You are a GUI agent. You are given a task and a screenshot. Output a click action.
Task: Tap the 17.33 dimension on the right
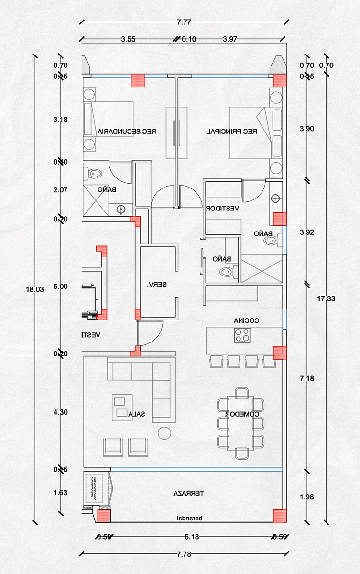(x=326, y=299)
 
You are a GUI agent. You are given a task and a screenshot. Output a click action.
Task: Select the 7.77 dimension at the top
(x=184, y=22)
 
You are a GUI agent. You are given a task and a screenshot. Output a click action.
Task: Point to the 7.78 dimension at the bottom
(x=184, y=554)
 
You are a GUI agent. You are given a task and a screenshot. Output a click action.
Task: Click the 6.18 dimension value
(x=192, y=537)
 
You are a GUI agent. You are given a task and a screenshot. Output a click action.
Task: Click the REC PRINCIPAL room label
(x=232, y=131)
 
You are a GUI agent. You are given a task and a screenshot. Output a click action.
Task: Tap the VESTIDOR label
(x=222, y=209)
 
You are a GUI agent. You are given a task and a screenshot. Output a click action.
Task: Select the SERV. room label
(x=157, y=284)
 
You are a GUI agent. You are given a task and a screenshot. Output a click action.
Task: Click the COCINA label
(x=246, y=320)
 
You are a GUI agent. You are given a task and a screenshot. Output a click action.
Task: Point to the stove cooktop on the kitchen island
(x=242, y=335)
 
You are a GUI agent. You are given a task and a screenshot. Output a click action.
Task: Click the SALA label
(x=136, y=414)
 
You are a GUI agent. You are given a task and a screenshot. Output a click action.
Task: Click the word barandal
(x=190, y=518)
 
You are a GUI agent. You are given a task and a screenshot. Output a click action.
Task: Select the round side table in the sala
(x=164, y=432)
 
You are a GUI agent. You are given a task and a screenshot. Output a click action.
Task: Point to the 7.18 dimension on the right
(x=306, y=379)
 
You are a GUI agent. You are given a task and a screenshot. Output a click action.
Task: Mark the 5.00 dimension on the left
(x=61, y=287)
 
